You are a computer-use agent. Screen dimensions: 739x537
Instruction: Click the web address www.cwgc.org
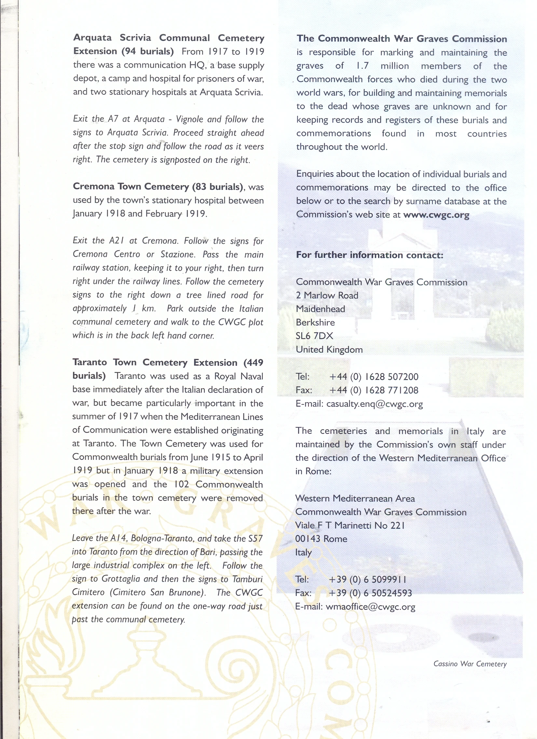pos(436,215)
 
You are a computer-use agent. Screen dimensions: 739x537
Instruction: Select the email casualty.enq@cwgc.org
pos(375,404)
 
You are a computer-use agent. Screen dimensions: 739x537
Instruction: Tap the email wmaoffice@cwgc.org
pos(370,607)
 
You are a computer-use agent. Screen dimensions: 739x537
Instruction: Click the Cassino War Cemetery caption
pos(470,664)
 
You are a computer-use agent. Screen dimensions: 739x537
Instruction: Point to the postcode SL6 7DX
pos(314,336)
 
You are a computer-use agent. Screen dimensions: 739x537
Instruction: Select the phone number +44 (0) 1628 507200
pos(374,377)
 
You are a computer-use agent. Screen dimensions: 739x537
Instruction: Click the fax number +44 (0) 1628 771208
pos(374,390)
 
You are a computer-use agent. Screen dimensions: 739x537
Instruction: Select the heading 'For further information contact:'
pos(370,255)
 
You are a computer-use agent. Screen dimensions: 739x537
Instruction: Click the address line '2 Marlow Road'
pos(327,296)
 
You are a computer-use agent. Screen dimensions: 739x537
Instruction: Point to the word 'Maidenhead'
pos(320,309)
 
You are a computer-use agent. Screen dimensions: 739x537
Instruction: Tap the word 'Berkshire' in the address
pos(315,323)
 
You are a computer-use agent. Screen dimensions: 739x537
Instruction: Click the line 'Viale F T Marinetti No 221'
pos(350,525)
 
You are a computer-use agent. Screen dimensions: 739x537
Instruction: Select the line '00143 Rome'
pos(321,539)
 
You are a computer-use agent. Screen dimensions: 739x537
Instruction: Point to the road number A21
pos(117,241)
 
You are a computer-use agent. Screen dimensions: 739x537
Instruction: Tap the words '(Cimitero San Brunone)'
pos(158,592)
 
